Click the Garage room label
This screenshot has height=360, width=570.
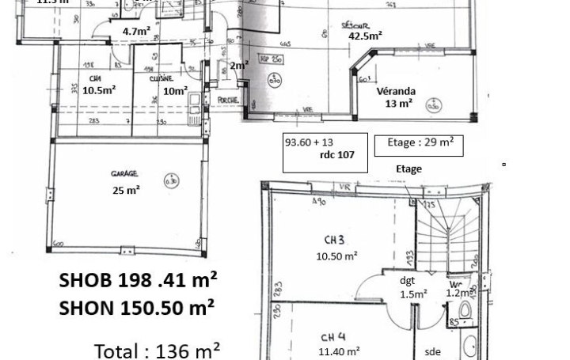pos(124,173)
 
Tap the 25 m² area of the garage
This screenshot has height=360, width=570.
pos(127,190)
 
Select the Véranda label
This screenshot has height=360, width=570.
pos(396,91)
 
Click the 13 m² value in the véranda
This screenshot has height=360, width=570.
pos(398,104)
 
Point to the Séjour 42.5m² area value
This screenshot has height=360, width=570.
pos(365,36)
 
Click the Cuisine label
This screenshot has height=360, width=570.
pos(161,78)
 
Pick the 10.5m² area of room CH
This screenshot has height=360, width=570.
pos(99,90)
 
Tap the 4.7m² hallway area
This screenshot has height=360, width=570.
pos(136,32)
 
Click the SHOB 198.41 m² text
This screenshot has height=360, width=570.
pos(138,280)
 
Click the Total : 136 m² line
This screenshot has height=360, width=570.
pos(157,350)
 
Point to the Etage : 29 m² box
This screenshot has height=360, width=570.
pos(420,143)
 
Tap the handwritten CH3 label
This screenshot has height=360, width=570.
pos(334,240)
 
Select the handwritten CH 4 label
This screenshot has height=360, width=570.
pos(333,337)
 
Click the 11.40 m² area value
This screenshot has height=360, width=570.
pos(338,351)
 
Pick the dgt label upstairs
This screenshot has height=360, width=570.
pos(407,281)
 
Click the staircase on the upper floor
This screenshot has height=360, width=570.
pos(447,229)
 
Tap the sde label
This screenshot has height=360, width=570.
pos(432,351)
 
